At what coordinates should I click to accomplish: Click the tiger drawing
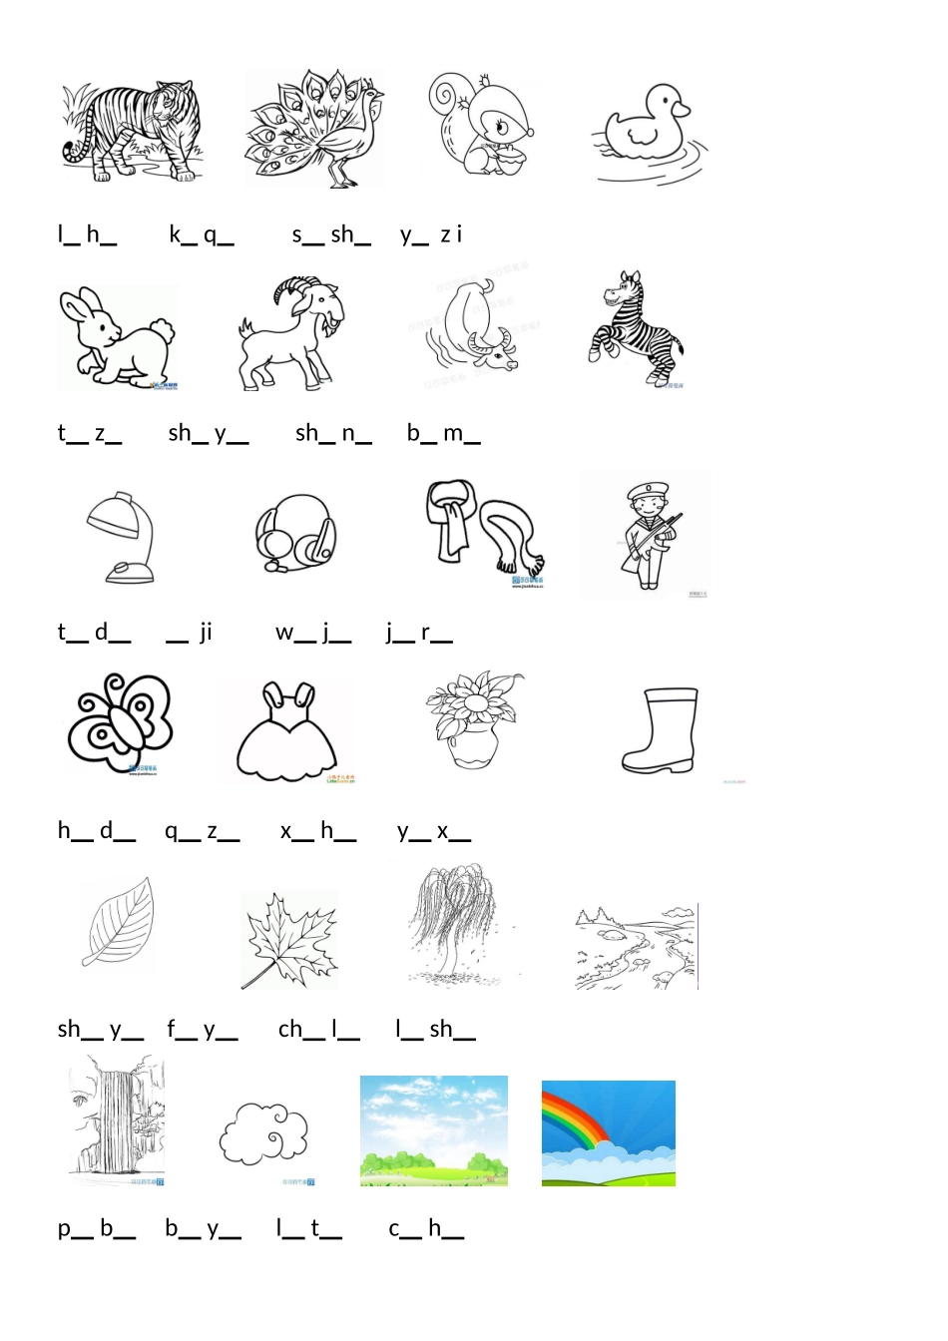132,131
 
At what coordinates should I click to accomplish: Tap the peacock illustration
314,129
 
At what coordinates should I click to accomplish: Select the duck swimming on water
650,133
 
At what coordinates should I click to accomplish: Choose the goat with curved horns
291,333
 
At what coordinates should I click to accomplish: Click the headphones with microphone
295,533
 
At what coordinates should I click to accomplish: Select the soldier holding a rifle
651,536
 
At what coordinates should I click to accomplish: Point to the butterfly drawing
120,722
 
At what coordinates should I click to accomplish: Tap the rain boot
660,729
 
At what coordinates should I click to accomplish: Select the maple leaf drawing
289,939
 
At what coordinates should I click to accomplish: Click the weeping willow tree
456,924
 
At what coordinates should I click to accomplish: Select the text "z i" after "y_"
451,234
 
